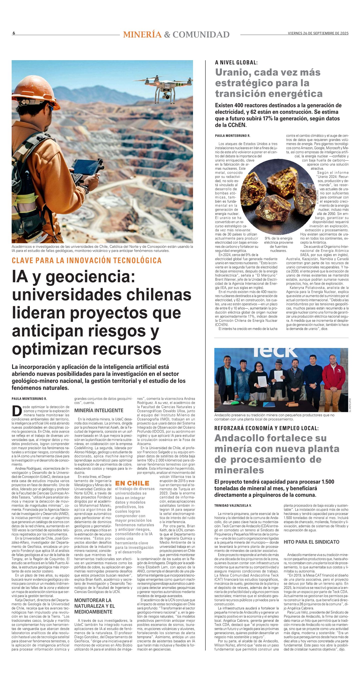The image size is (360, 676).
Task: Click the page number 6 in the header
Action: pos(14,33)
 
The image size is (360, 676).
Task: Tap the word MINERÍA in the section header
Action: pos(142,35)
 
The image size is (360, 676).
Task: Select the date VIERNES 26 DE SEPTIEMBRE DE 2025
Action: pos(318,33)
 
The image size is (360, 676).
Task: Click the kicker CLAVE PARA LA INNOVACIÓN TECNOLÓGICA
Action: pos(87,260)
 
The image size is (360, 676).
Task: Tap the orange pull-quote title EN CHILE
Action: pos(132,483)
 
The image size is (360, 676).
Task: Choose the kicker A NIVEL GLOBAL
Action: pos(236,62)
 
